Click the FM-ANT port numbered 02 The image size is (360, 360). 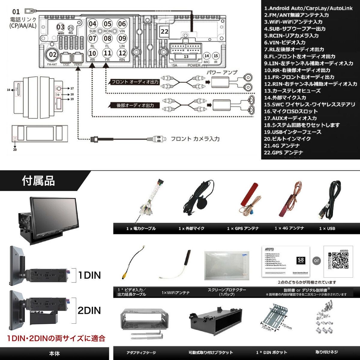53,54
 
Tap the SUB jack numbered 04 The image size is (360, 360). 93,24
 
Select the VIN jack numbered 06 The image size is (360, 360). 122,24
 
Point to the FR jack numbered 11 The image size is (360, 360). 107,53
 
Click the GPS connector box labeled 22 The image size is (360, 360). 165,31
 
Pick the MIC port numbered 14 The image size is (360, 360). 206,56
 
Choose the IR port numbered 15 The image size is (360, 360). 216,56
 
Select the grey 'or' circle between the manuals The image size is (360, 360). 316,261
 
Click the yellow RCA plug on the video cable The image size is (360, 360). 124,274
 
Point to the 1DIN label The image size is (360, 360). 89,275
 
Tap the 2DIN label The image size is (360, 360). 89,310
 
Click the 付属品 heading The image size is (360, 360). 38,181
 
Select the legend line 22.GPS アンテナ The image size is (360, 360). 283,152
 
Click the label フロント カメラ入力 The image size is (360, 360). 195,139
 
